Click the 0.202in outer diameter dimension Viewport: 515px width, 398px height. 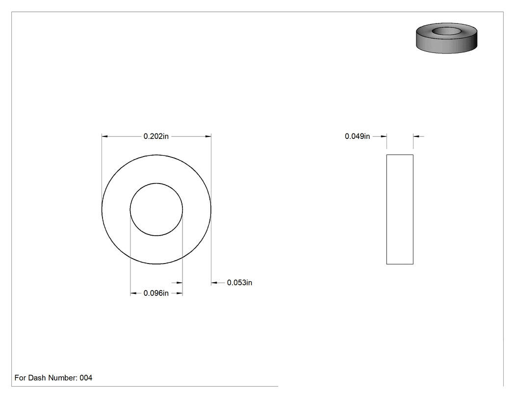coord(156,136)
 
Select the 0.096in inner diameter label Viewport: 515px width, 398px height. coord(156,293)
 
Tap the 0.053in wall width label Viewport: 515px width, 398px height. coord(239,283)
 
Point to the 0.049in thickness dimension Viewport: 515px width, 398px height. coord(358,136)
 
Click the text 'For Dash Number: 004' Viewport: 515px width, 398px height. coord(53,378)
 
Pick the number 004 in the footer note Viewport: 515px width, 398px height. coord(86,378)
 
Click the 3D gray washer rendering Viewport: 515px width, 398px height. coord(446,38)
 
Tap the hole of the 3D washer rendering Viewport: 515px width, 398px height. coord(446,31)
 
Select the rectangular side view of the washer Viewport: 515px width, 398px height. coord(400,210)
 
